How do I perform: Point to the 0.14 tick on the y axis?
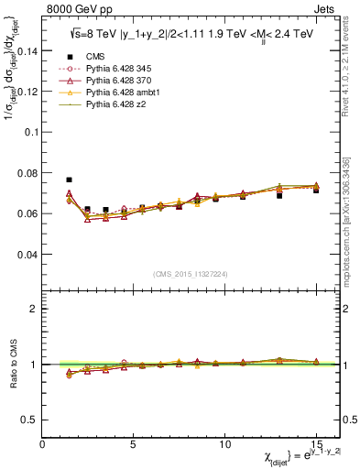27,50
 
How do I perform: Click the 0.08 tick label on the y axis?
27,173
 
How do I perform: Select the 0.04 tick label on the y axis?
27,255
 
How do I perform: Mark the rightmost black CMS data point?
316,190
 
